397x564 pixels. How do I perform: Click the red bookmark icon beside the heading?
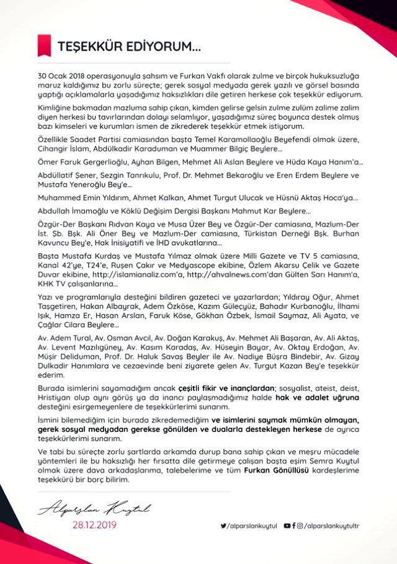tap(44, 45)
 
